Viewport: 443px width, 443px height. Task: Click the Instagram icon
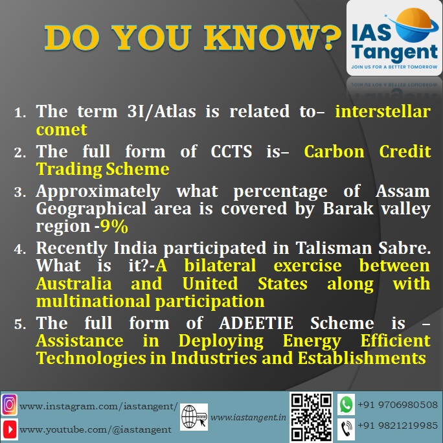[x=9, y=405]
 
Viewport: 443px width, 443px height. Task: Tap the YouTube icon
[x=9, y=429]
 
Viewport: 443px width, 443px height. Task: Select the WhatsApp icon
[x=346, y=404]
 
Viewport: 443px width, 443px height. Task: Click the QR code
[x=312, y=417]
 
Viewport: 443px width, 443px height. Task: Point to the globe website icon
[x=194, y=417]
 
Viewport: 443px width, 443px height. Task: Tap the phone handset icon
[x=346, y=429]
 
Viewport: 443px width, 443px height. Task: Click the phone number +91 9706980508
[x=398, y=405]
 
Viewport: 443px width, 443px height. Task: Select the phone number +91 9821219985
[x=398, y=426]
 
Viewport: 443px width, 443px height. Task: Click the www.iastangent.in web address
[x=248, y=418]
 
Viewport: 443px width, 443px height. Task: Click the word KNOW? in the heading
[x=273, y=38]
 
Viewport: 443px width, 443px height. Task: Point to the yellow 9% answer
[x=114, y=226]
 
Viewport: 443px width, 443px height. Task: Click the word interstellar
[x=383, y=111]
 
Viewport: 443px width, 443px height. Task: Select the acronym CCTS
[x=231, y=152]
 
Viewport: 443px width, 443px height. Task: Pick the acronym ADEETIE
[x=256, y=323]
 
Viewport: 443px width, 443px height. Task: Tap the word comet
[x=62, y=130]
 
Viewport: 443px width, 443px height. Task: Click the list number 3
[x=20, y=192]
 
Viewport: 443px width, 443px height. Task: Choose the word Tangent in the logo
[x=394, y=52]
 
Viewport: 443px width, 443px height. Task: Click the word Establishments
[x=361, y=358]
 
